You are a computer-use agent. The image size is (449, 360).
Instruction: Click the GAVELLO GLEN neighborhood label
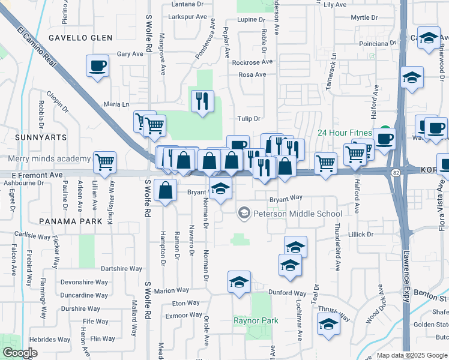coord(80,38)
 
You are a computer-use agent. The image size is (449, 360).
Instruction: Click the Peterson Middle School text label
coord(298,214)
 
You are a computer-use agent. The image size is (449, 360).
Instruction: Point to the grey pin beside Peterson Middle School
coord(244,213)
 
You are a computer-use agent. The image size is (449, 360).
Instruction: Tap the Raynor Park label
coord(256,321)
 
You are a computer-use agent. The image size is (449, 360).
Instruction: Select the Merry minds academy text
coord(49,159)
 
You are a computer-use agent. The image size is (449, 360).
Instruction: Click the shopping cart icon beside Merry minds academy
coord(105,161)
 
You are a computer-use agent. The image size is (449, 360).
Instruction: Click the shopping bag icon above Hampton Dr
coord(165,190)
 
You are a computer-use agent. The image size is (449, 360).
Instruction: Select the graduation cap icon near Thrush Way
coord(328,325)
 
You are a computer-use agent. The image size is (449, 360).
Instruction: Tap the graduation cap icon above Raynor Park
coord(239,282)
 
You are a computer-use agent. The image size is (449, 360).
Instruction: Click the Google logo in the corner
coord(20,353)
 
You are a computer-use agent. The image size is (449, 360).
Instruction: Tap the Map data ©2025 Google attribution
coord(411,355)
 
